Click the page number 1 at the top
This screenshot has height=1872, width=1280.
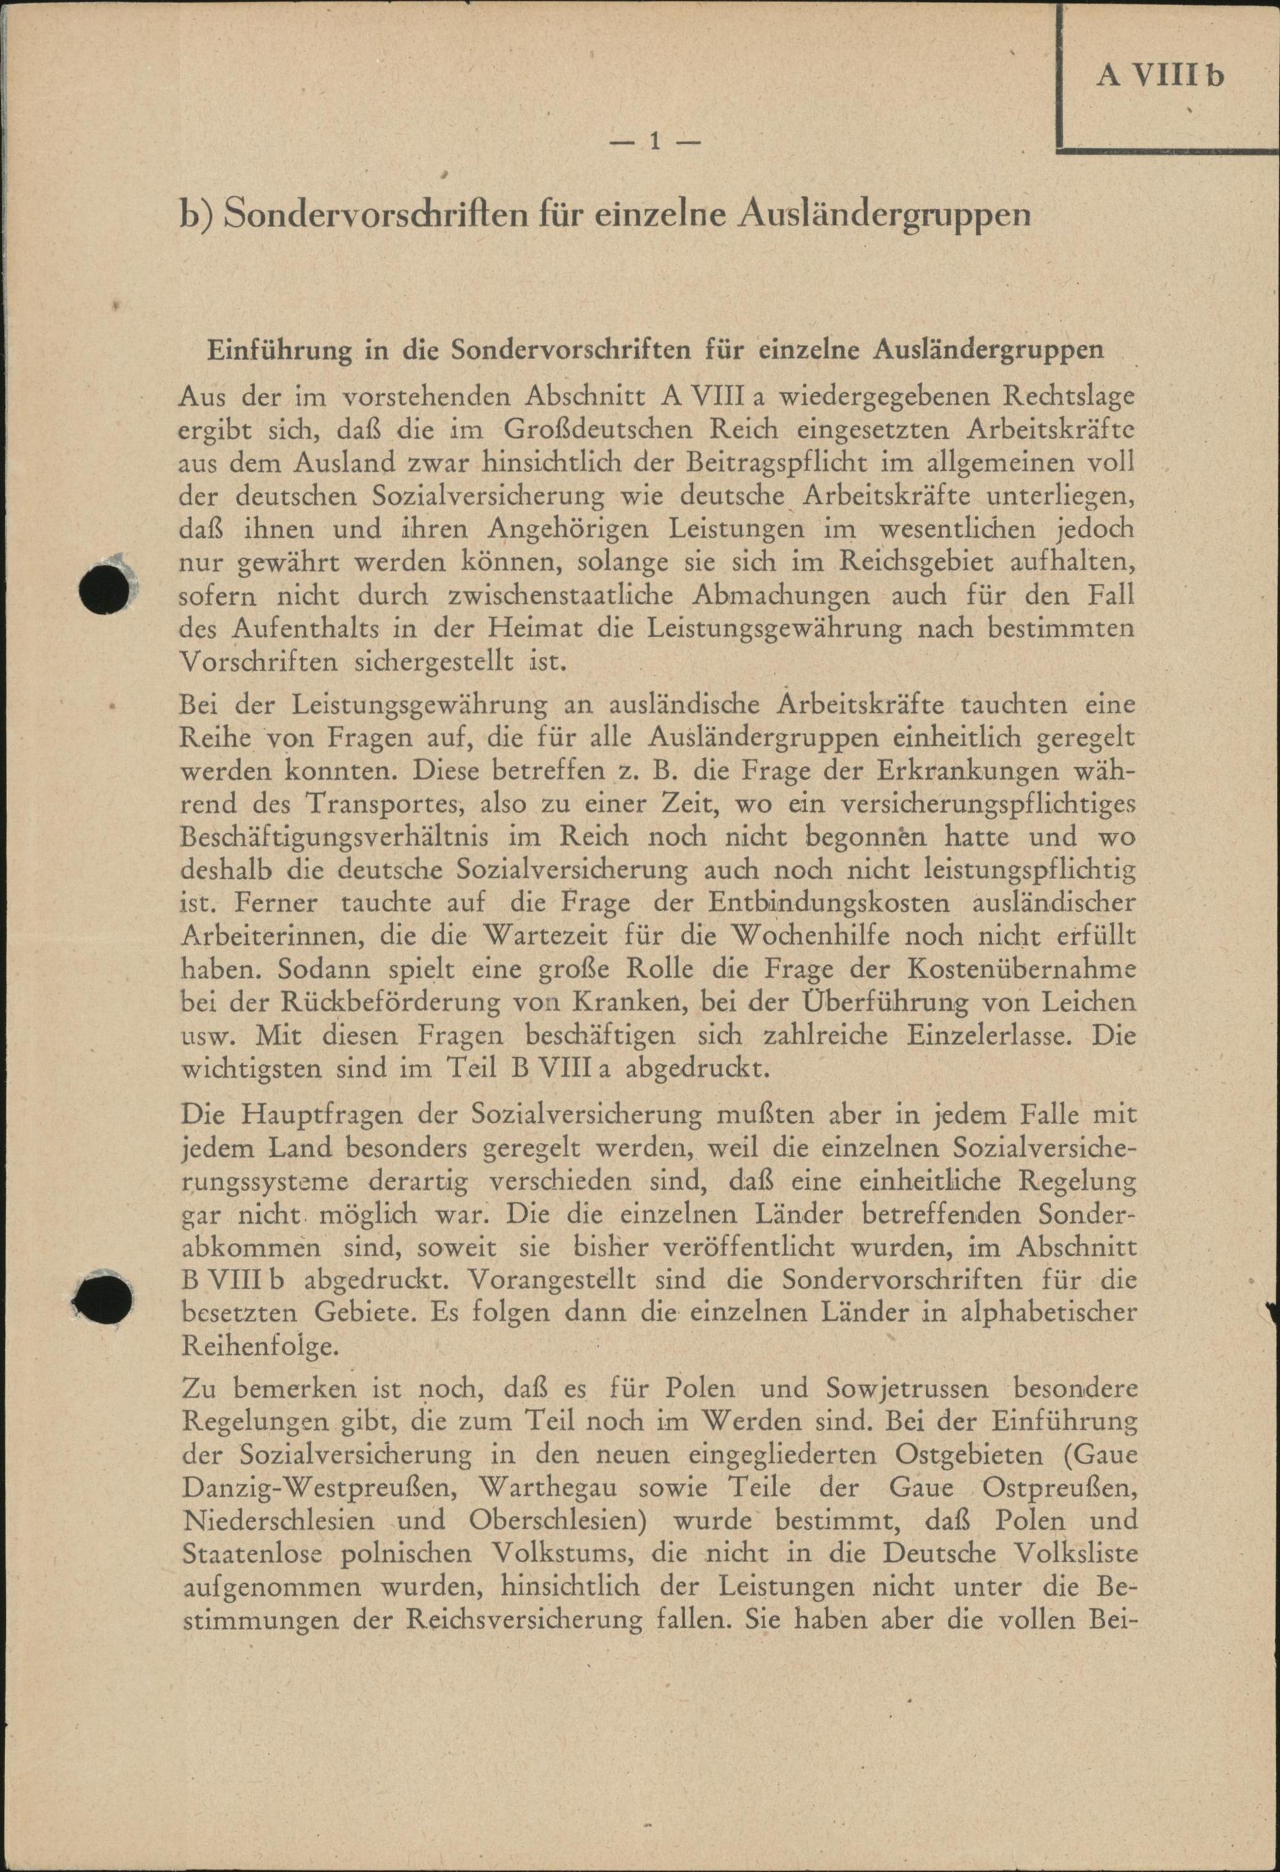(x=655, y=143)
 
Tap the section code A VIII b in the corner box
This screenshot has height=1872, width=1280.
(x=1160, y=75)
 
